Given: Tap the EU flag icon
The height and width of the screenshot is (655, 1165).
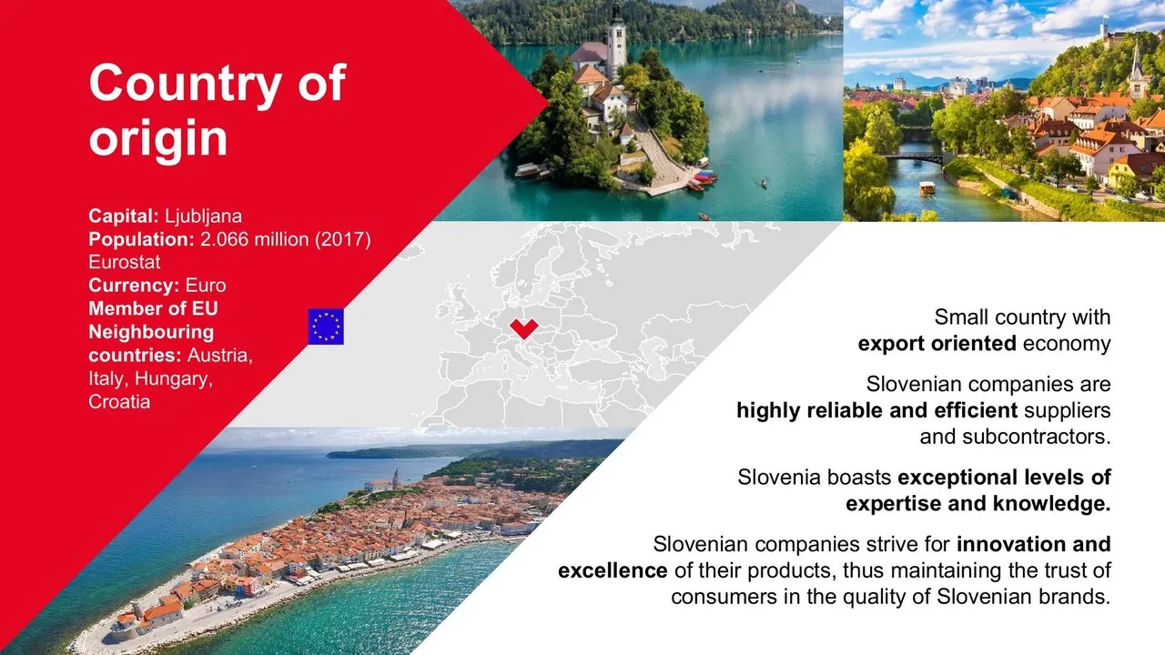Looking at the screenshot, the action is (x=326, y=327).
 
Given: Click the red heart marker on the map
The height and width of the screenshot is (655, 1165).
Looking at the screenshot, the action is (x=523, y=328).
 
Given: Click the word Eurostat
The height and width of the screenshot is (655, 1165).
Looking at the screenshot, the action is (x=125, y=262).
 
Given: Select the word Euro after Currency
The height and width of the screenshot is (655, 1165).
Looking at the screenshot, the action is (x=206, y=286).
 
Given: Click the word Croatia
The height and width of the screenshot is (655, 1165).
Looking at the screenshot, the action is (x=119, y=402).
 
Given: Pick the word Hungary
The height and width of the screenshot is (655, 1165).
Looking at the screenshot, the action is (x=174, y=379).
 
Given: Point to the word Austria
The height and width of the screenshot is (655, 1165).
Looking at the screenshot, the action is (x=220, y=356).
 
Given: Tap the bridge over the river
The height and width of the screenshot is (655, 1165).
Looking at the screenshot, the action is (x=915, y=157).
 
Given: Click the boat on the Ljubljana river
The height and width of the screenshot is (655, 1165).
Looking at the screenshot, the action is (x=927, y=188).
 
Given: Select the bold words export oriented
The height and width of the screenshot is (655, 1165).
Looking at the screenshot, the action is (x=937, y=344).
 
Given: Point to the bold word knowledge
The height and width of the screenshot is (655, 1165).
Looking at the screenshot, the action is (x=1051, y=504).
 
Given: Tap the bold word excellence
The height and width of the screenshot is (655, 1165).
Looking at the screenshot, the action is (x=613, y=570).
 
